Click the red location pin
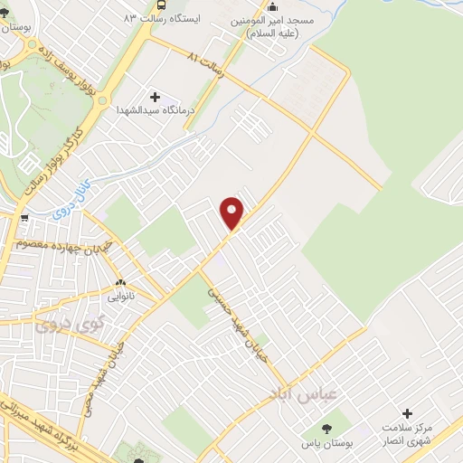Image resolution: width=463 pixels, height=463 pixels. tap(232, 213)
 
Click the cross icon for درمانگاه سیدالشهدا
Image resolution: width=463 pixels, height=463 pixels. tap(154, 96)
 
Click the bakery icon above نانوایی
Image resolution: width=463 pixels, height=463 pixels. tap(120, 282)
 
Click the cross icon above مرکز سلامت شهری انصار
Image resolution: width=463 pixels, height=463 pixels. tap(407, 413)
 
